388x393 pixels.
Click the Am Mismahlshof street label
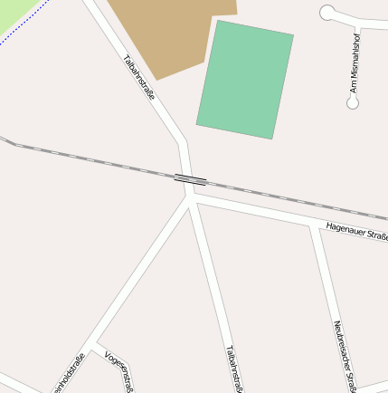pyautogui.click(x=355, y=63)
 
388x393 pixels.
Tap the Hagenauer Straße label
pyautogui.click(x=356, y=233)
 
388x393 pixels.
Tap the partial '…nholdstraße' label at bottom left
pyautogui.click(x=71, y=374)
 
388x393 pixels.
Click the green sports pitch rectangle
pyautogui.click(x=245, y=80)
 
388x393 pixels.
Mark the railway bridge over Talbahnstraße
pyautogui.click(x=190, y=178)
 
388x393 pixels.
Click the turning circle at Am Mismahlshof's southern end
pyautogui.click(x=353, y=103)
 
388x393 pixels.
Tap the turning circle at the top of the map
pyautogui.click(x=327, y=13)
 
